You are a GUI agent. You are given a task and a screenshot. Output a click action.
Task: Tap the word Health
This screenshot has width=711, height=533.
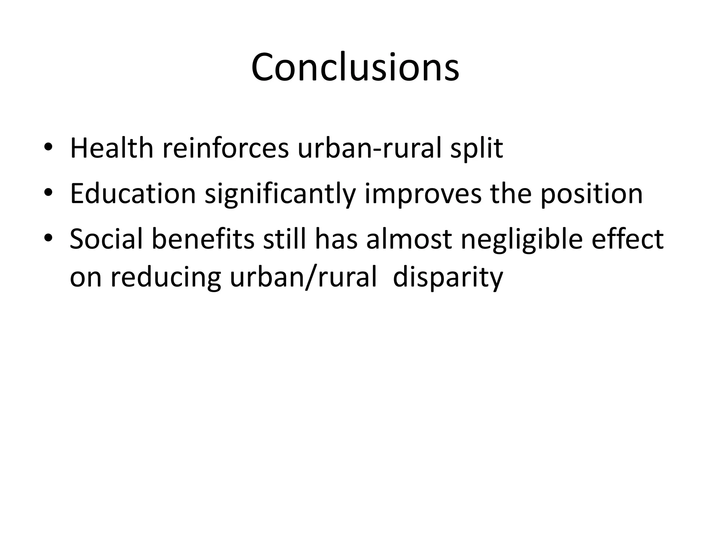[x=111, y=149]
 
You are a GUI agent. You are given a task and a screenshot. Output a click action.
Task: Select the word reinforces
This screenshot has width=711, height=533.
[x=225, y=149]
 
